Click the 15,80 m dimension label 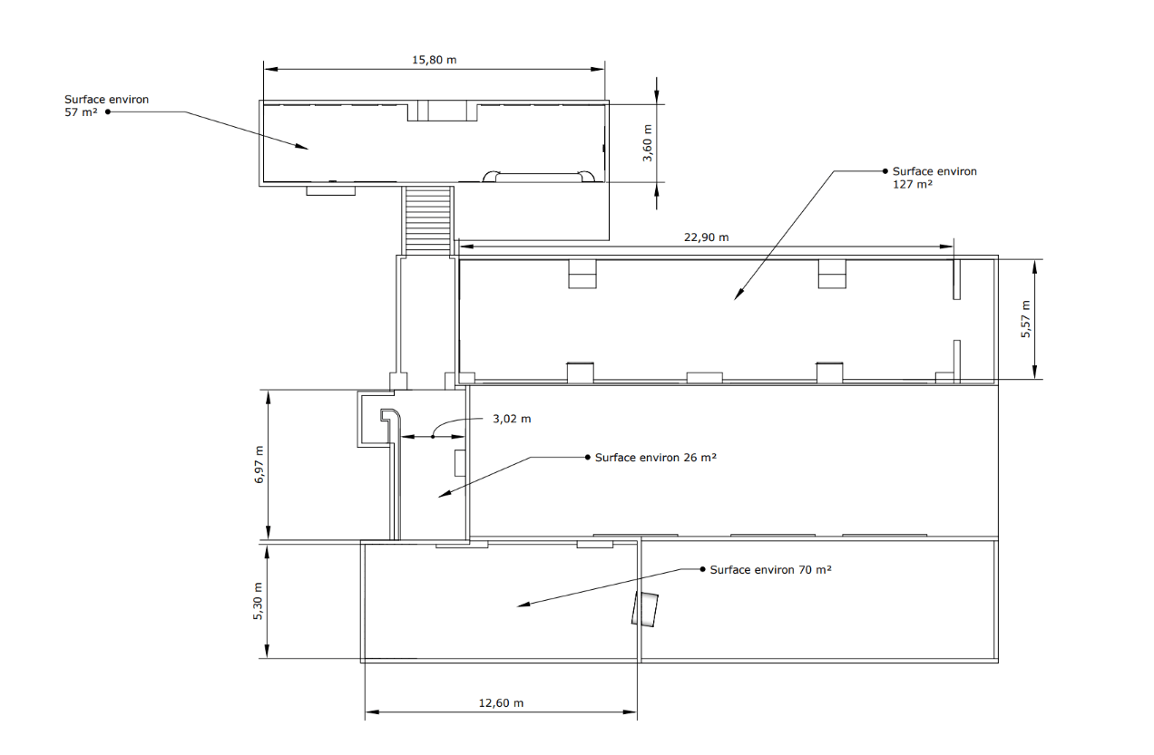click(x=434, y=60)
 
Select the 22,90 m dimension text click(x=706, y=237)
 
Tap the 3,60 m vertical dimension click(x=648, y=142)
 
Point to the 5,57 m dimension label click(x=1026, y=319)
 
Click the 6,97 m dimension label click(x=259, y=465)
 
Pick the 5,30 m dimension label click(x=259, y=600)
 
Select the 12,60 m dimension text click(x=501, y=702)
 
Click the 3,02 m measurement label click(x=512, y=419)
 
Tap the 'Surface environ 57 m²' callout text click(x=106, y=105)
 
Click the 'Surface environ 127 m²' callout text click(x=934, y=177)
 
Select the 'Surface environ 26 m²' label click(x=655, y=458)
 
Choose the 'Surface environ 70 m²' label click(x=770, y=570)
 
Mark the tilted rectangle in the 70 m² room click(x=645, y=608)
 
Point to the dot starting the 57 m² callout click(x=108, y=111)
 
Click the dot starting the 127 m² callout click(x=885, y=170)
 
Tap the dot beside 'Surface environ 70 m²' click(x=701, y=570)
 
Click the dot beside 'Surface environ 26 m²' click(x=587, y=458)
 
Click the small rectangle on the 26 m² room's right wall click(x=460, y=462)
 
